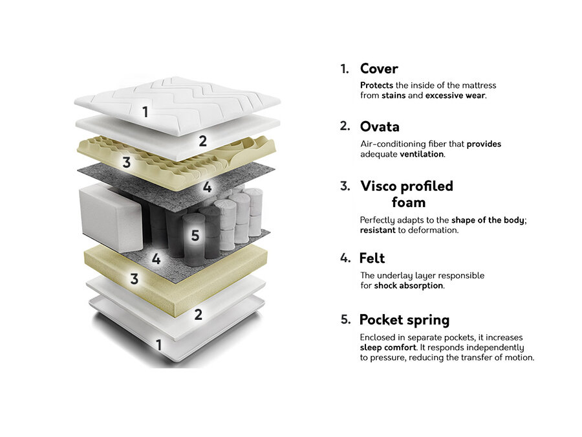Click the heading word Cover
point(379,69)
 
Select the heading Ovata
point(380,127)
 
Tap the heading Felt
point(372,258)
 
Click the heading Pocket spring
point(404,320)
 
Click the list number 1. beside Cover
point(345,69)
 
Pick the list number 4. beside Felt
point(345,258)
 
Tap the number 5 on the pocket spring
point(195,235)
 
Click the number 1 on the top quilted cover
point(145,111)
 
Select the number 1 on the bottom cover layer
point(159,345)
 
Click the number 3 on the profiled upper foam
point(127,162)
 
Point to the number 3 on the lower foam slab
point(135,278)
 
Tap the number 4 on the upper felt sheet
point(207,186)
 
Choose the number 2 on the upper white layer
point(202,141)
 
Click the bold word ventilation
point(422,154)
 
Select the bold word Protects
point(377,85)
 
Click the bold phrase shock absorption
point(409,286)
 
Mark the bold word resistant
point(378,230)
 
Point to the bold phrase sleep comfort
point(388,348)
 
